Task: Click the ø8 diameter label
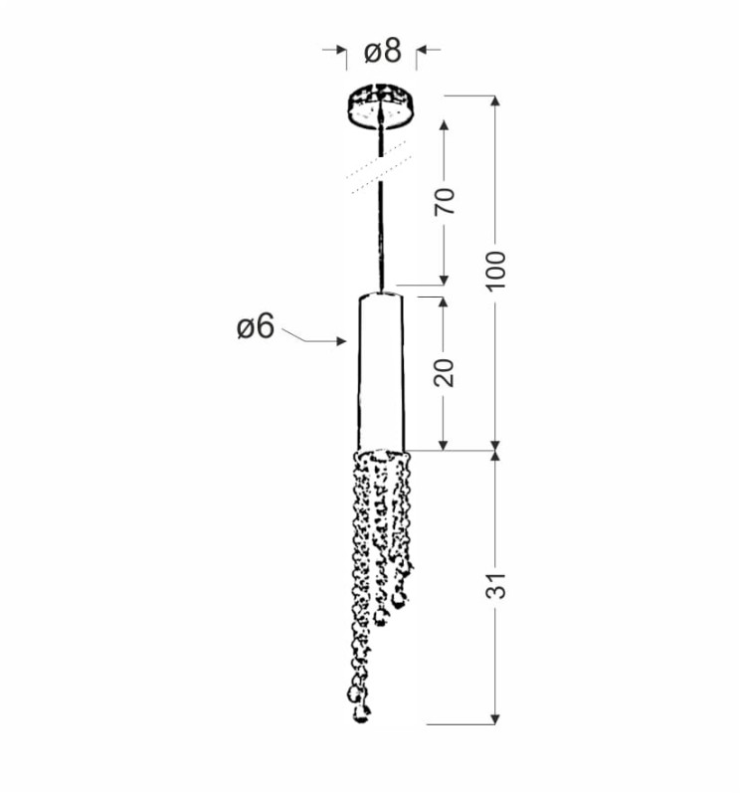pos(383,52)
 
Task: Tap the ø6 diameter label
pos(256,326)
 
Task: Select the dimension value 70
pos(444,202)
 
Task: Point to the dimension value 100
pos(496,271)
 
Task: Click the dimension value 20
pos(444,372)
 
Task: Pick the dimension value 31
pos(496,585)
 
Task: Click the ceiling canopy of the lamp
pos(381,106)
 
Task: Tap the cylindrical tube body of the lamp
pos(381,371)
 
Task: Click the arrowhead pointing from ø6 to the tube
pos(341,341)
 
